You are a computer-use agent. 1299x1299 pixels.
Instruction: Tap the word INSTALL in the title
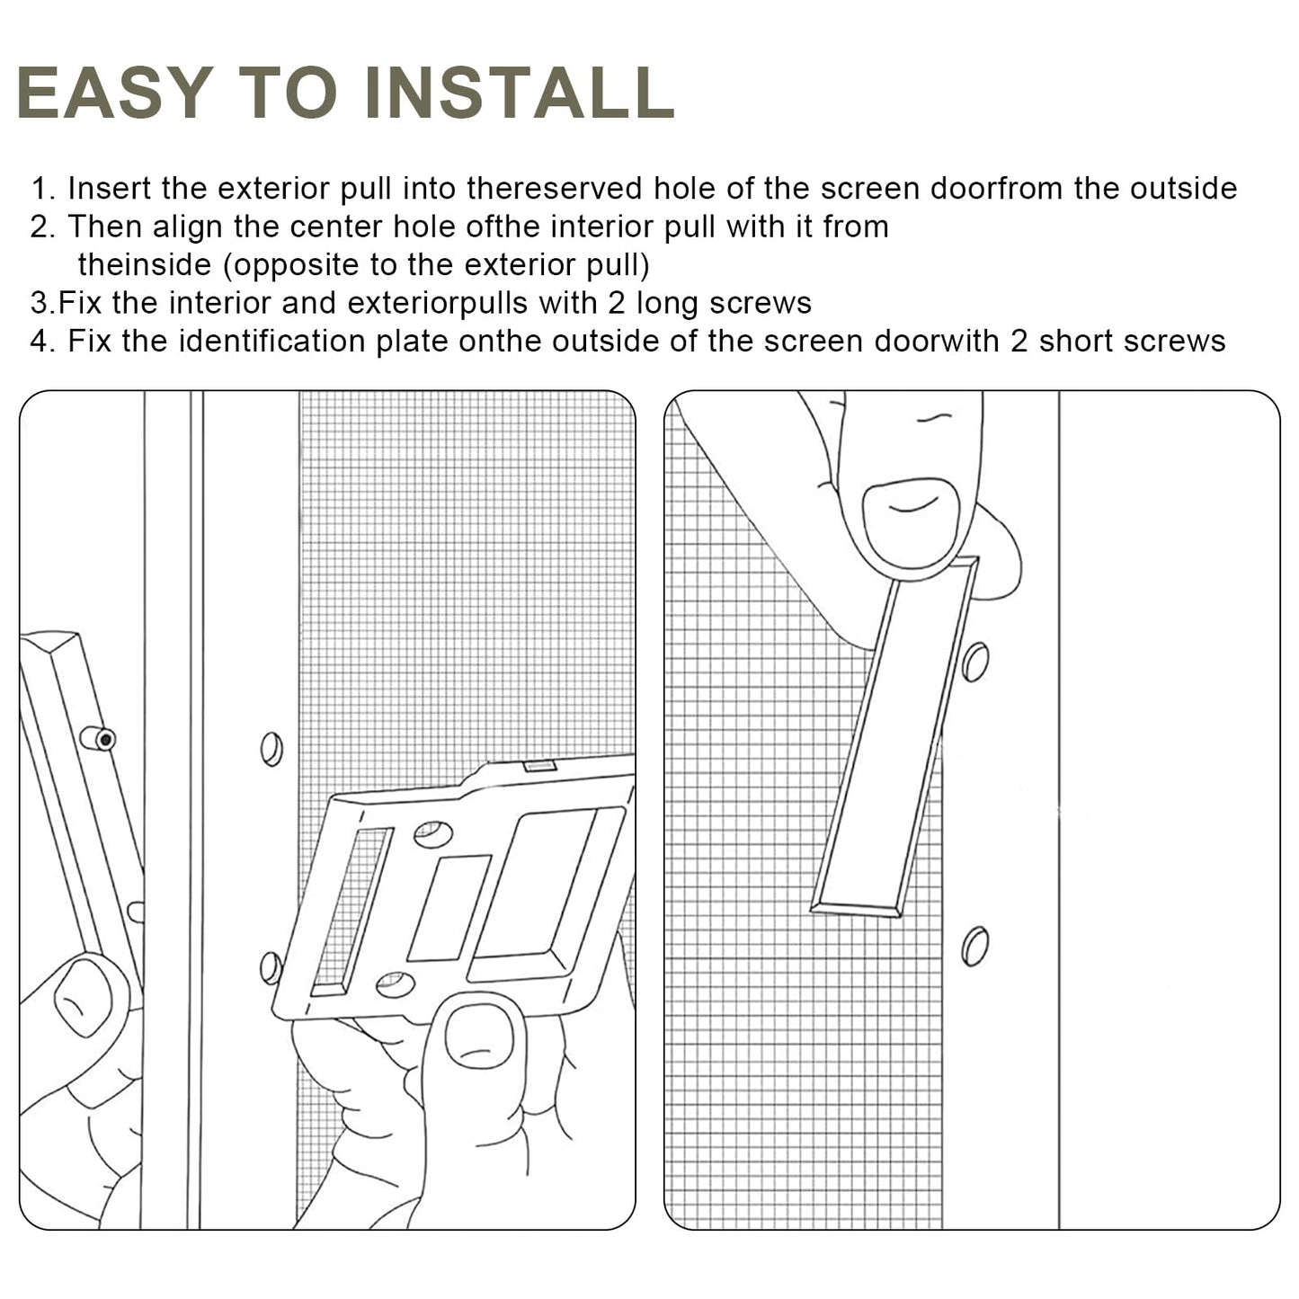[x=520, y=93]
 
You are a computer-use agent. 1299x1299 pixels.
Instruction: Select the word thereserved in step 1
[x=554, y=189]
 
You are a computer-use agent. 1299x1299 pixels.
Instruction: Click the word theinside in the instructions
[x=144, y=265]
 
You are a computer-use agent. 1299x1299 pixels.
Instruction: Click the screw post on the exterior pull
[x=98, y=739]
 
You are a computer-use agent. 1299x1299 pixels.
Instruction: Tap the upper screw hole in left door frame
[x=271, y=749]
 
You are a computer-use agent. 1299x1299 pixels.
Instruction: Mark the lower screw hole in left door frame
[x=270, y=967]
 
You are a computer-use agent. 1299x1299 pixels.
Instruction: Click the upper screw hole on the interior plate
[x=432, y=834]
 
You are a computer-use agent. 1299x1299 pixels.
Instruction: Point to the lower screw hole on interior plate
[x=395, y=984]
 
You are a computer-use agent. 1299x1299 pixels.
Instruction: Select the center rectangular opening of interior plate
[x=449, y=907]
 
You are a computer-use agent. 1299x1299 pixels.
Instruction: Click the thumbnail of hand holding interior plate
[x=479, y=1036]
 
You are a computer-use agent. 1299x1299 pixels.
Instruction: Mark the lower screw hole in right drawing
[x=974, y=946]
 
